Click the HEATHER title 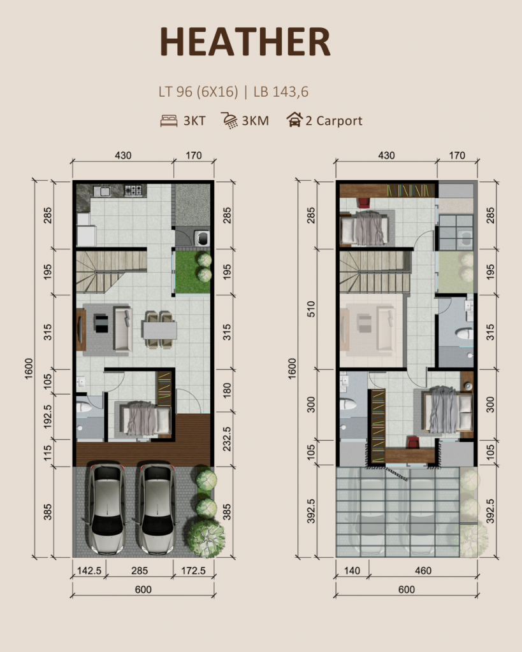(245, 42)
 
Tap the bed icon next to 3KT (168, 120)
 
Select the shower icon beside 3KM (229, 120)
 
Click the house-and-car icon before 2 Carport (294, 120)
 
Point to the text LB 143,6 (280, 92)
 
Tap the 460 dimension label (422, 570)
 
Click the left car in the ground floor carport (107, 508)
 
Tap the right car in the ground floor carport (156, 508)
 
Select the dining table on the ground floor (159, 330)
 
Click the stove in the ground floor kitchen (133, 190)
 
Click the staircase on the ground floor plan (112, 271)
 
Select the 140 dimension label (352, 570)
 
